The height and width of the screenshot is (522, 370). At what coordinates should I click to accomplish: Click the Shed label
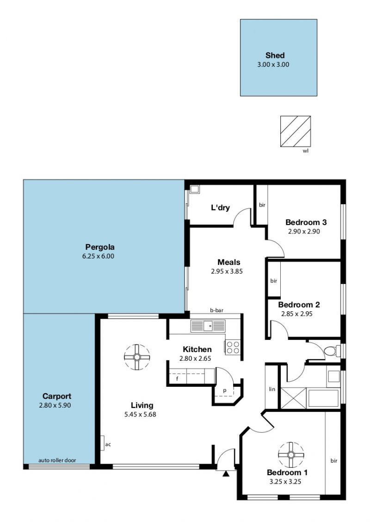coord(275,55)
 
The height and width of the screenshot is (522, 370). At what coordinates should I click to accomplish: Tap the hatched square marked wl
coord(296,131)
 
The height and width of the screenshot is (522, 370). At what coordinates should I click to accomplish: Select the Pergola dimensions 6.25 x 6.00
coord(98,256)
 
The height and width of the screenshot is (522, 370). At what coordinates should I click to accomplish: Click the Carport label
coord(57,396)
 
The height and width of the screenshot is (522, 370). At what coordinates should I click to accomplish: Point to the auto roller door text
coord(57,460)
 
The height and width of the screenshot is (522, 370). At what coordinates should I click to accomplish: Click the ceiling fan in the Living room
coord(136,357)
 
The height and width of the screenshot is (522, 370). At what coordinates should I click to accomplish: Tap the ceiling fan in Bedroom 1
coord(291,455)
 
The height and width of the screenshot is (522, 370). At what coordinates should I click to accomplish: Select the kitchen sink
coord(208,326)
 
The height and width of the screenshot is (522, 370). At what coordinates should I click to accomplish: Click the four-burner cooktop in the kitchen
coord(232,347)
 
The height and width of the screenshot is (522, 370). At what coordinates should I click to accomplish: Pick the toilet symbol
coord(332,351)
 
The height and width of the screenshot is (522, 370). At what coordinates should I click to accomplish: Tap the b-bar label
coord(216,310)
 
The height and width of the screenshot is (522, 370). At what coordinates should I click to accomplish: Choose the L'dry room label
coord(221,208)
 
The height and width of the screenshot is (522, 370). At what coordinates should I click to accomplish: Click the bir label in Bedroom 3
coord(262,205)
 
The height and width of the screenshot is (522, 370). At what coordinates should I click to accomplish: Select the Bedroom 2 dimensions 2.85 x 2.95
coord(297,314)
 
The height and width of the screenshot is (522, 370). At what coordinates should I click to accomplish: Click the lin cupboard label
coord(272,389)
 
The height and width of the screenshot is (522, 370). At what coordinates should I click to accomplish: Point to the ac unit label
coord(108,445)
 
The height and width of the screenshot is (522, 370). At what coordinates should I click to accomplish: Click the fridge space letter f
coord(177,378)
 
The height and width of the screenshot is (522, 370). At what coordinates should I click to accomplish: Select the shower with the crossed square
coord(294,398)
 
